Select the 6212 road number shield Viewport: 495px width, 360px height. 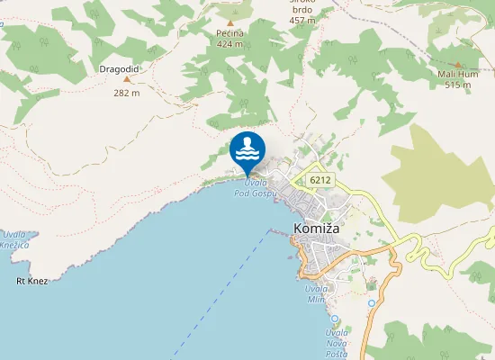[319, 180]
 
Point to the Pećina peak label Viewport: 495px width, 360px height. [230, 33]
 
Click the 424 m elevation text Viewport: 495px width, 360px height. [230, 43]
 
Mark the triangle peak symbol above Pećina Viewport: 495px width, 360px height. [230, 22]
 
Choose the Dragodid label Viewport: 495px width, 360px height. [119, 67]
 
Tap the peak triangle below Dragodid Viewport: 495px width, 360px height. [126, 79]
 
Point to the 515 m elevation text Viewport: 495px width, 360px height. [458, 85]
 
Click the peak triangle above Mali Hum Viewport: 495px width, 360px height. [457, 65]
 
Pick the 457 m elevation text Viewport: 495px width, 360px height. [302, 20]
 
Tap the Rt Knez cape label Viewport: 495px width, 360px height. [31, 281]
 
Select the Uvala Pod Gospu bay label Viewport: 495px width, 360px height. [253, 187]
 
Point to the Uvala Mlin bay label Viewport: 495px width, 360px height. [314, 293]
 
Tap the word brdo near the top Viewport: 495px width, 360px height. [302, 10]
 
